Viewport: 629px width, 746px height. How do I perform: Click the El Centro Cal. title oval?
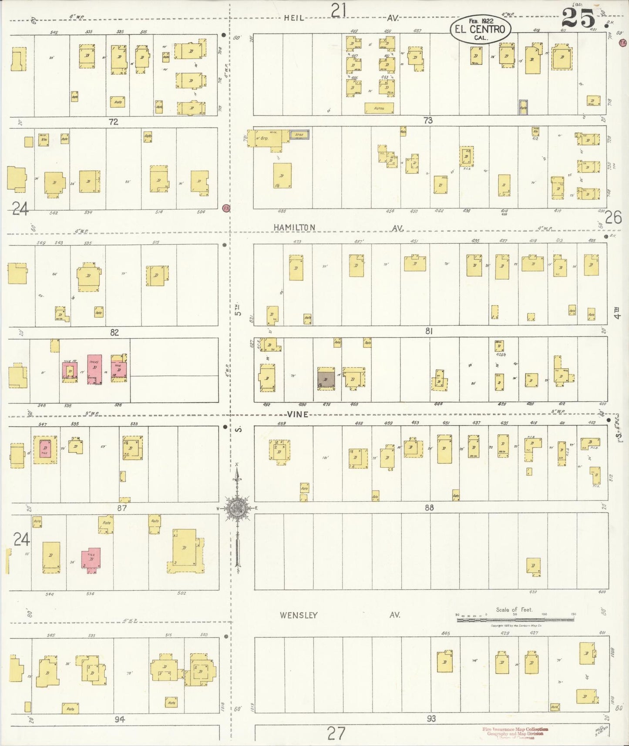[x=481, y=30]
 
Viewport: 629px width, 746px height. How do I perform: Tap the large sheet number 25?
[x=578, y=19]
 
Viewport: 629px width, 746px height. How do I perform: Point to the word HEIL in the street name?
[x=294, y=18]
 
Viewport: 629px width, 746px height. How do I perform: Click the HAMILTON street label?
[x=294, y=227]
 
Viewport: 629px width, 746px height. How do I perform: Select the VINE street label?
[x=298, y=414]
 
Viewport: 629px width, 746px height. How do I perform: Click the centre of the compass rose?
[x=237, y=508]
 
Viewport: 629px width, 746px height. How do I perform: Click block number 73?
[x=428, y=120]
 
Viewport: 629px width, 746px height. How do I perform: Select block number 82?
[x=114, y=332]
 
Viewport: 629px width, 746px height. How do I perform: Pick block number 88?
[x=429, y=507]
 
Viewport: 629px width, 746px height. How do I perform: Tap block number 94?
[x=120, y=719]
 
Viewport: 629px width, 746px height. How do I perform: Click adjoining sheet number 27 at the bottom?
[x=336, y=734]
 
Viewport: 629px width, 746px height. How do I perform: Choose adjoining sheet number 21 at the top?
[x=338, y=10]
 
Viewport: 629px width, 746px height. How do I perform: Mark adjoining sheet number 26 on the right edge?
[x=613, y=217]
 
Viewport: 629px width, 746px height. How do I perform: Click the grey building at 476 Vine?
[x=326, y=378]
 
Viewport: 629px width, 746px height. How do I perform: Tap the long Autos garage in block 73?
[x=379, y=108]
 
